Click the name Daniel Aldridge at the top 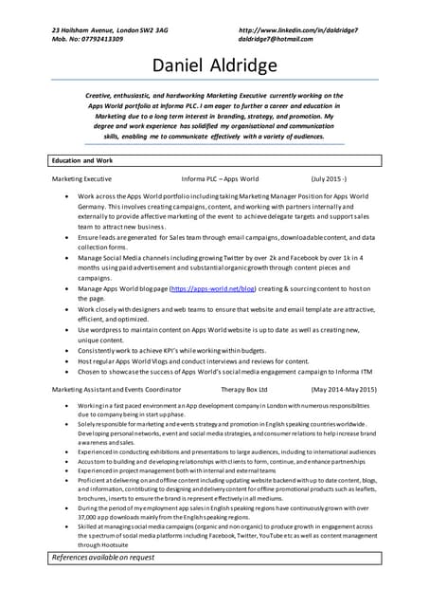point(214,65)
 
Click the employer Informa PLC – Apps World point(220,178)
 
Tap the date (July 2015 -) point(329,178)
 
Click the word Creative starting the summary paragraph point(101,97)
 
